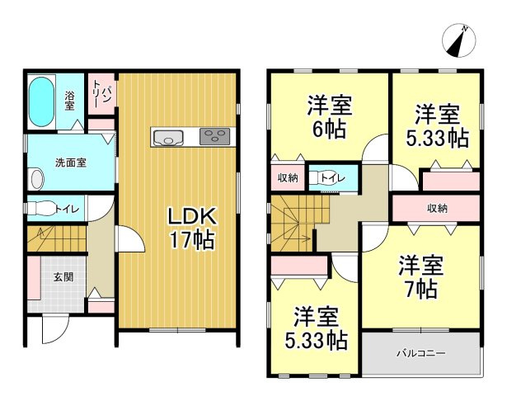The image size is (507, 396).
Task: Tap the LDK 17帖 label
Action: tap(192, 229)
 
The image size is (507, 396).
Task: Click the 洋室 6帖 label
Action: tap(331, 117)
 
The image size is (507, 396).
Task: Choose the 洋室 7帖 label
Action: tap(421, 277)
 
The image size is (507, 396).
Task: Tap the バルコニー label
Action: tap(420, 354)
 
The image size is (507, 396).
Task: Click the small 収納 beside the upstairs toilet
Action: tap(288, 177)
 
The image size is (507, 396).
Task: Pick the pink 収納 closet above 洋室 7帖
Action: tap(436, 208)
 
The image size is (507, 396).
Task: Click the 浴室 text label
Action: tap(69, 100)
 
